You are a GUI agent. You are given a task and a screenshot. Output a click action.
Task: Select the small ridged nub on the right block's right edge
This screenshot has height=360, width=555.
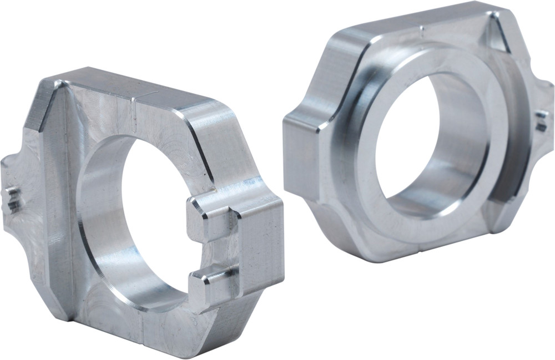(541, 121)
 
